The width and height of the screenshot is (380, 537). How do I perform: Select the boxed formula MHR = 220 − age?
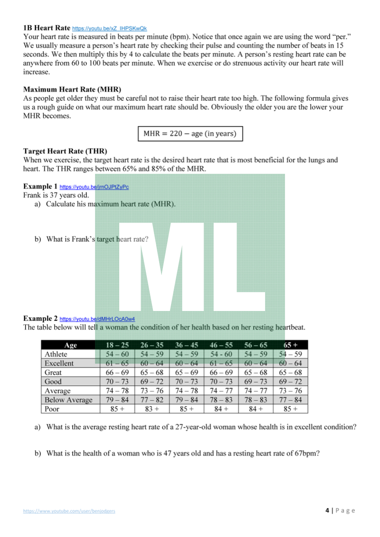(x=190, y=134)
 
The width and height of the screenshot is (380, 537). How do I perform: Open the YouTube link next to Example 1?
(x=94, y=187)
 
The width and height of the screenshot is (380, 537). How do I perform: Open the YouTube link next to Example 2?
(x=97, y=319)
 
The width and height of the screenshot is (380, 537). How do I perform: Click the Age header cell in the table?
(x=70, y=345)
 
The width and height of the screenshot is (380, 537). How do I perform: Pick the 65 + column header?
(x=290, y=345)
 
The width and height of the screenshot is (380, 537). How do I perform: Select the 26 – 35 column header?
(x=152, y=345)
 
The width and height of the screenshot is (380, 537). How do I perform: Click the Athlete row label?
(x=56, y=354)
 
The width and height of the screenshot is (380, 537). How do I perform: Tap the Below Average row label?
(x=68, y=400)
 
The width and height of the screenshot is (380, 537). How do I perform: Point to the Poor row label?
(x=52, y=409)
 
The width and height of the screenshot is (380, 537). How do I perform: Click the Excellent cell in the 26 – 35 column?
(x=152, y=363)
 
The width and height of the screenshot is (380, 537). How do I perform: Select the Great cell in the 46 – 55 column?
(x=221, y=372)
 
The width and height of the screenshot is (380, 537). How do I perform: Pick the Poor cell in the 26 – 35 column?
(x=152, y=409)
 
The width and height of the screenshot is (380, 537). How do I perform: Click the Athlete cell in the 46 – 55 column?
(x=221, y=354)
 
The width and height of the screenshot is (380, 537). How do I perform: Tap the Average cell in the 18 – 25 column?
(x=117, y=391)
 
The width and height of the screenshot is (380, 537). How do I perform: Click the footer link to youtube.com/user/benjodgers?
(x=69, y=511)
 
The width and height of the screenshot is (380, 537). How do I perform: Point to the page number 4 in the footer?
(x=327, y=510)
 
